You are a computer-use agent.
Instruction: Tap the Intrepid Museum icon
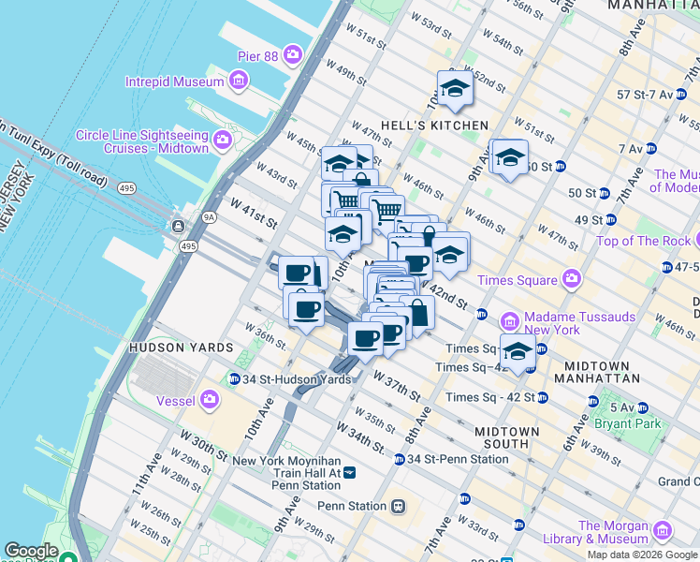pyautogui.click(x=240, y=81)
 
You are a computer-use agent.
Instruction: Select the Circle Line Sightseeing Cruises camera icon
pyautogui.click(x=223, y=141)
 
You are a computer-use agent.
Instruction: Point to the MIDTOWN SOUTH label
pyautogui.click(x=507, y=437)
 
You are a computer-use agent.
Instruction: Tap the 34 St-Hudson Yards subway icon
pyautogui.click(x=234, y=379)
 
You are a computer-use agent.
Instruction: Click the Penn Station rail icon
pyautogui.click(x=398, y=506)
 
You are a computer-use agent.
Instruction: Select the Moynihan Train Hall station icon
pyautogui.click(x=350, y=473)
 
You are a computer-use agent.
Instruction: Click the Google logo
pyautogui.click(x=32, y=551)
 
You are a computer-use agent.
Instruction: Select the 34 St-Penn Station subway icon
pyautogui.click(x=399, y=459)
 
